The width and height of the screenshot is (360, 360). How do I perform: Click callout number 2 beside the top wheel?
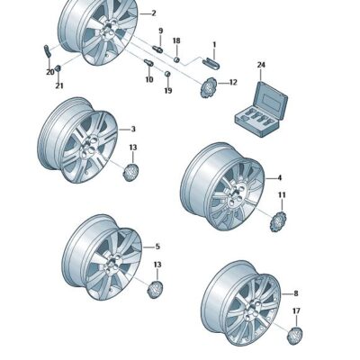pos(154,13)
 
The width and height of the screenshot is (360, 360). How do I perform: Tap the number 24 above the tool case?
pos(262,65)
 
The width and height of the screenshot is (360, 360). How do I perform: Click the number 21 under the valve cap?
pos(59,86)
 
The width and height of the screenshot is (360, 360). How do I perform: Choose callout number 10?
pos(149,79)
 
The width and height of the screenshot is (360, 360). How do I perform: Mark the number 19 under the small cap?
pos(167,91)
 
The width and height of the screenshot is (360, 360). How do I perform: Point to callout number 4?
pos(279,178)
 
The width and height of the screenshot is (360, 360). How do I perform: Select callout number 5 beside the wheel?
pos(157,247)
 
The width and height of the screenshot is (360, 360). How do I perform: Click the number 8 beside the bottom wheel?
pos(295,293)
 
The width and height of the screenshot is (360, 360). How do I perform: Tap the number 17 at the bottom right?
pos(296,311)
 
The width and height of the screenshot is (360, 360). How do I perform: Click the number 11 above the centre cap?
pos(281,195)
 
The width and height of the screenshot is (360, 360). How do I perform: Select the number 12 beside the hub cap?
pos(232,82)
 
